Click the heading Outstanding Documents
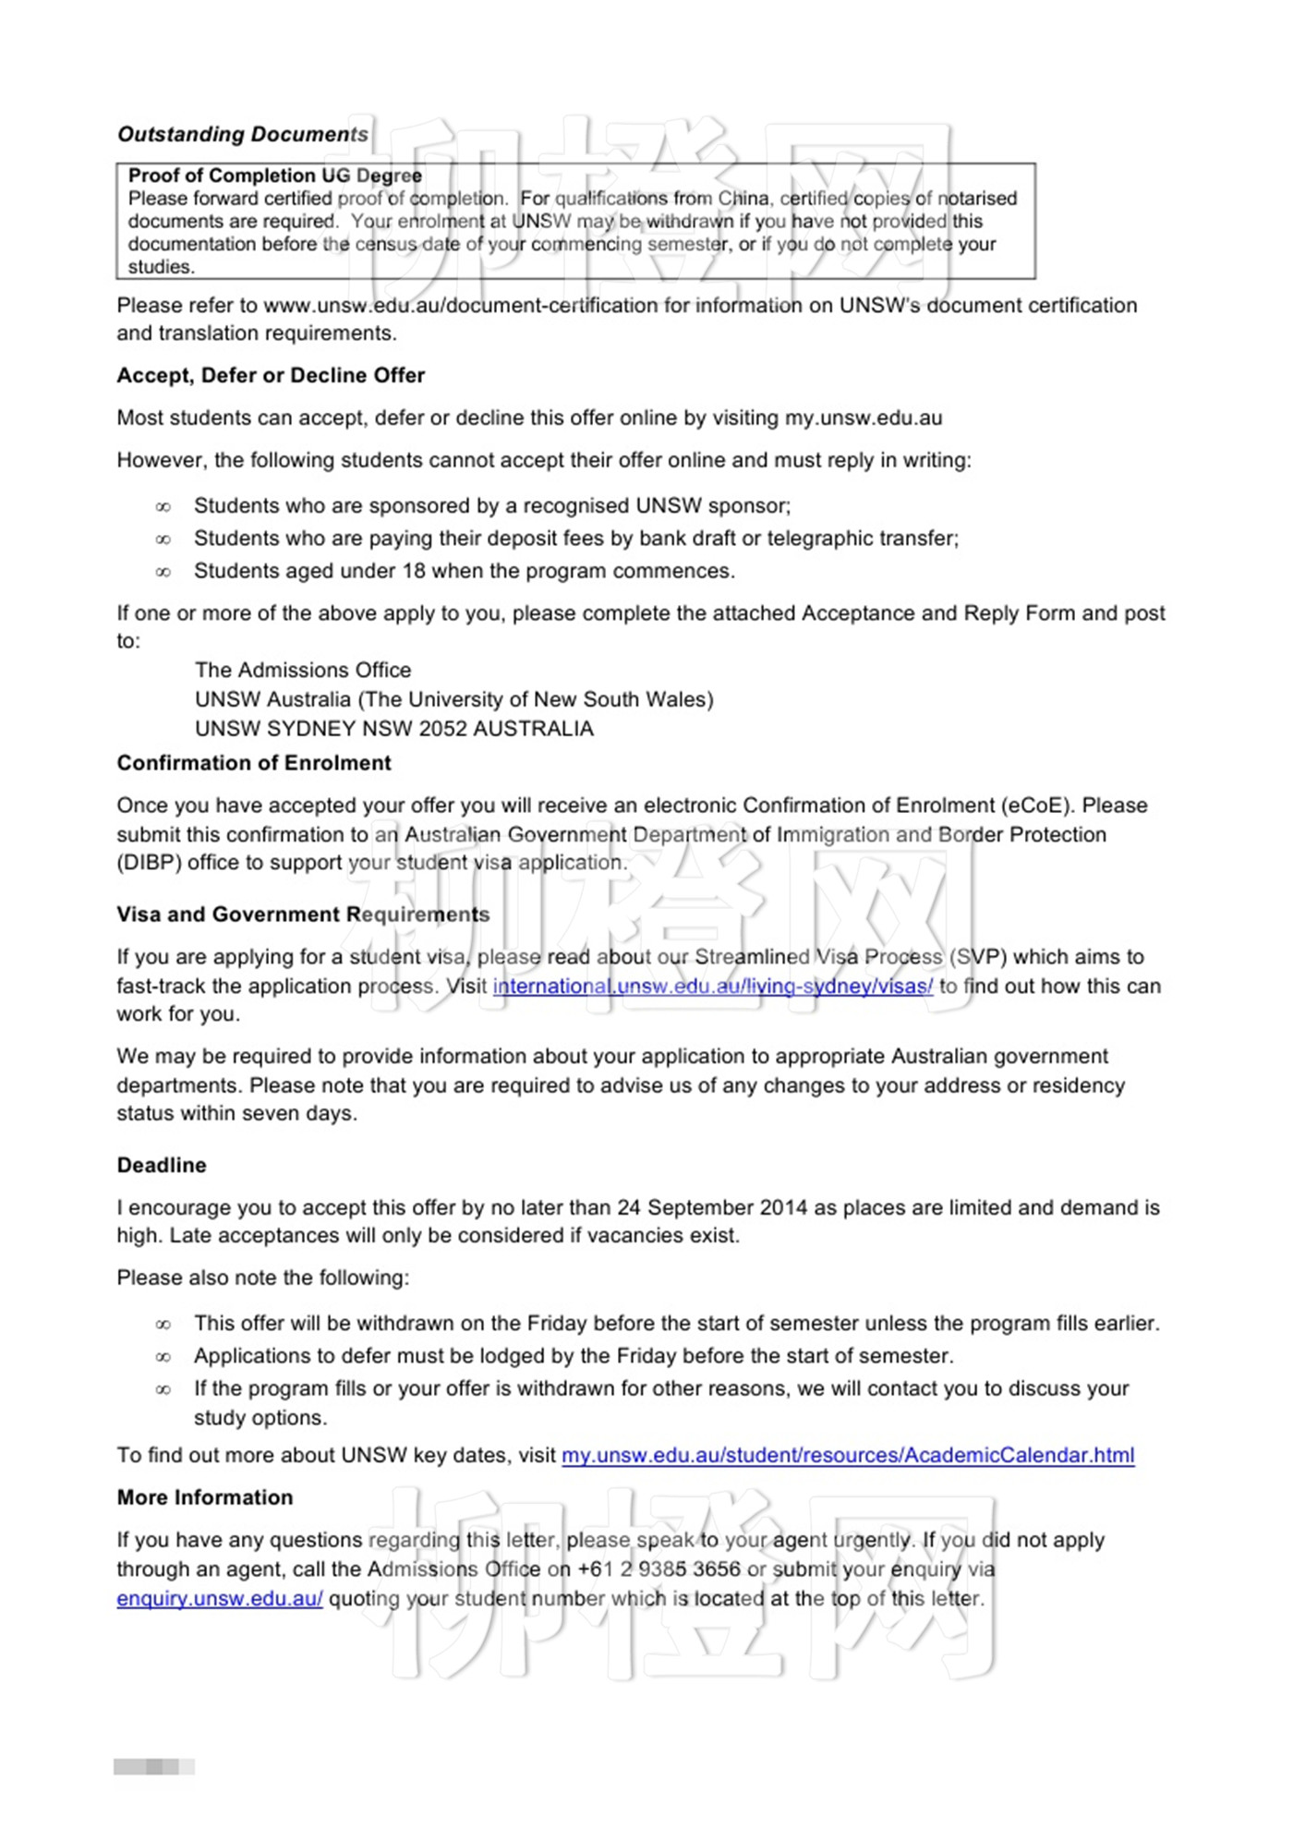(x=243, y=135)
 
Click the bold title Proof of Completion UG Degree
(x=275, y=176)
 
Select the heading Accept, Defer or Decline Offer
(x=271, y=376)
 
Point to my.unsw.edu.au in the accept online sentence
(x=864, y=418)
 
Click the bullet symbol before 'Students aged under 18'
(x=163, y=572)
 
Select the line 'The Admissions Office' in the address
(x=303, y=671)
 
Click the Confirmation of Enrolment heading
(x=254, y=764)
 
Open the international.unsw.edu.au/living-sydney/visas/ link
(x=712, y=987)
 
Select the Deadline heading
(x=162, y=1166)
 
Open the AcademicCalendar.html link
(x=848, y=1456)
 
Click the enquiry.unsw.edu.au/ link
(x=220, y=1599)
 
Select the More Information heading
(x=205, y=1498)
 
